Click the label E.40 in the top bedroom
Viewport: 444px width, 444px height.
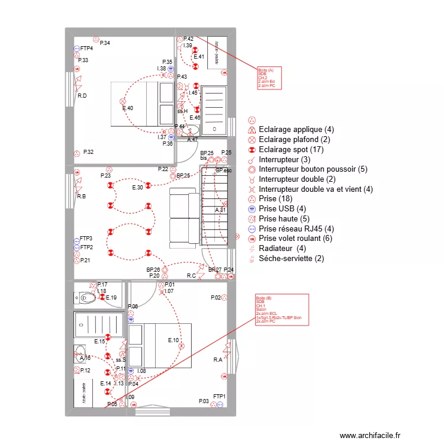pyautogui.click(x=127, y=108)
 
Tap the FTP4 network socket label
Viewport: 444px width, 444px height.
pyautogui.click(x=86, y=49)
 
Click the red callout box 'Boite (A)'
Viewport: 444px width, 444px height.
pyautogui.click(x=269, y=78)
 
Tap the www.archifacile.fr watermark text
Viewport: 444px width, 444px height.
pyautogui.click(x=371, y=435)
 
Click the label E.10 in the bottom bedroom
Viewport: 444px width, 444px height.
pyautogui.click(x=173, y=340)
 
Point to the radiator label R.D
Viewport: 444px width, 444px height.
pyautogui.click(x=82, y=96)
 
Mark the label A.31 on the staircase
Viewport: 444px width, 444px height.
pyautogui.click(x=220, y=211)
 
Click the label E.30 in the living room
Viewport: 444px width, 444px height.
pyautogui.click(x=137, y=188)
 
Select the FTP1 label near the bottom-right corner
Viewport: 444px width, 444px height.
pyautogui.click(x=219, y=395)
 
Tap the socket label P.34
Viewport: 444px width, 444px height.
pyautogui.click(x=105, y=43)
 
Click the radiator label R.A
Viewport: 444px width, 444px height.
pyautogui.click(x=218, y=360)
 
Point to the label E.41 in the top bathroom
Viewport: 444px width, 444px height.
pyautogui.click(x=199, y=57)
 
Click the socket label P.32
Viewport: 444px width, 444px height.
pyautogui.click(x=88, y=152)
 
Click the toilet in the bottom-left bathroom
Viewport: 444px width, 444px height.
pyautogui.click(x=87, y=297)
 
